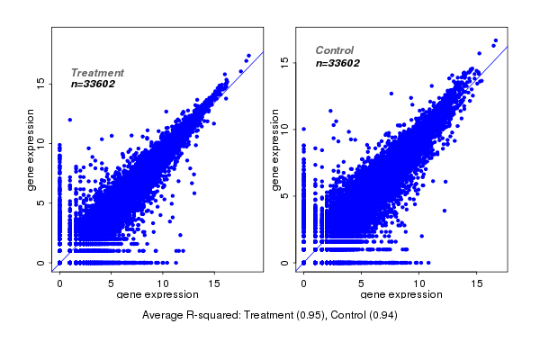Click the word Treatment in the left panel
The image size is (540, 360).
(97, 73)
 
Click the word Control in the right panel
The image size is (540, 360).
(335, 50)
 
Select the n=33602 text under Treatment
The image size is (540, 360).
(94, 84)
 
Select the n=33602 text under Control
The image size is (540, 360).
(338, 63)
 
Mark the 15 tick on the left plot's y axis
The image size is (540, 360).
(40, 82)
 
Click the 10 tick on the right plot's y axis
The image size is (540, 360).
(284, 129)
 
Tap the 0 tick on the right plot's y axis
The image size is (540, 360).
(284, 263)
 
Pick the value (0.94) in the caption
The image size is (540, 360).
(381, 315)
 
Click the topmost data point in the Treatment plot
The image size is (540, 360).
(248, 56)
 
